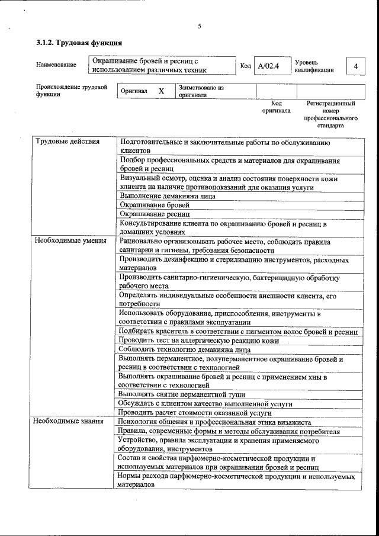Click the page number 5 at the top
pos(200,26)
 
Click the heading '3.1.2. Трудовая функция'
pos(79,43)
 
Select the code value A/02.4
pos(268,66)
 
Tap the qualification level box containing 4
pos(355,66)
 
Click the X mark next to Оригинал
pos(160,91)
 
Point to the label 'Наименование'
pos(56,65)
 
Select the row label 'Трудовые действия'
pos(68,142)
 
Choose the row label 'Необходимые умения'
pos(70,241)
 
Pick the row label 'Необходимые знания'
pos(69,422)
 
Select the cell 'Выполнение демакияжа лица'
pos(167,195)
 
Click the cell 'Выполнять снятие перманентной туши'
pos(181,394)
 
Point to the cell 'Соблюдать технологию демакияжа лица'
pos(184,349)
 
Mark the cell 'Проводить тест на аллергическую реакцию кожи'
pos(198,341)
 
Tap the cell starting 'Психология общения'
pos(214,422)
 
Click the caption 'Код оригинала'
pos(276,107)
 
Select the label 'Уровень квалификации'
pos(314,66)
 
